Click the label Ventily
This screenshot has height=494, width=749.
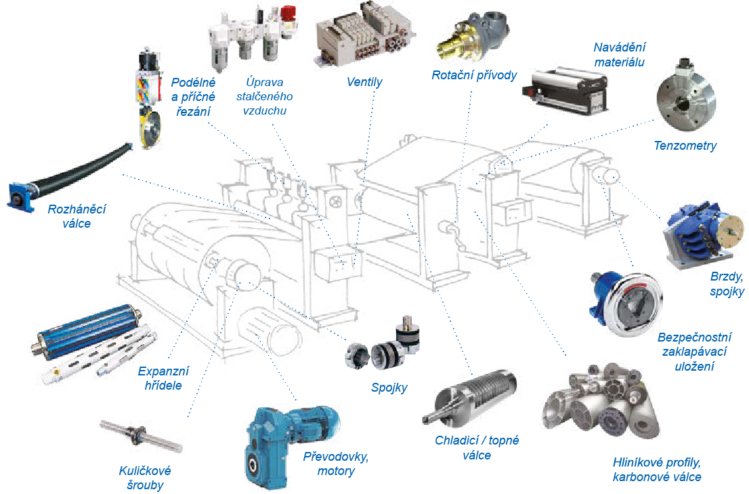coord(364,82)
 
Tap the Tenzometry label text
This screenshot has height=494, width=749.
coord(685,146)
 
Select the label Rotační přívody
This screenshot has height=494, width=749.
coord(474,75)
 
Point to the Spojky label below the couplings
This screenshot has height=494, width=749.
coord(389,388)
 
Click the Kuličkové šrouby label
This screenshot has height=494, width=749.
coord(145,478)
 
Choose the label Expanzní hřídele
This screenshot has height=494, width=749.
coord(163,378)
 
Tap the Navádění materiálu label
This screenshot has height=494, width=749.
coord(619,54)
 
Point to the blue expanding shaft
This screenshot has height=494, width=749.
coord(87,329)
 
